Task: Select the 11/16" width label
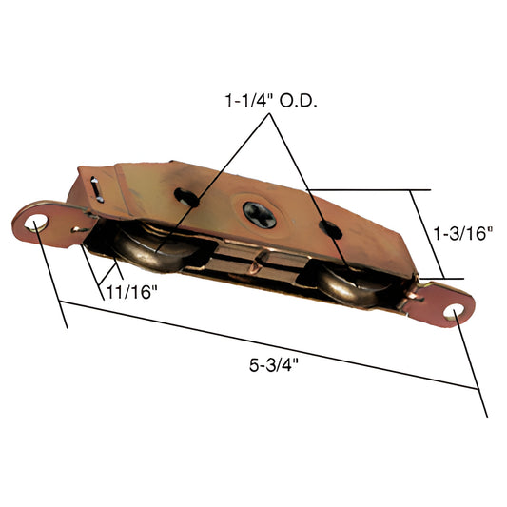pos(129,292)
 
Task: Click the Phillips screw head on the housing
pos(258,214)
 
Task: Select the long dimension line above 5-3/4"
pos(266,344)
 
